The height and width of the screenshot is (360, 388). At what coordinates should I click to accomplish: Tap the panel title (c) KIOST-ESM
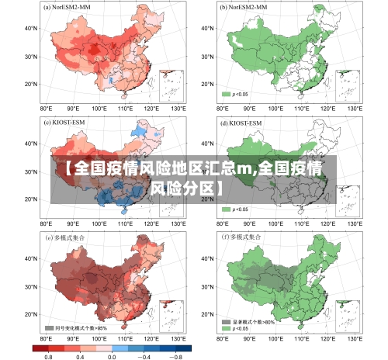[67, 123]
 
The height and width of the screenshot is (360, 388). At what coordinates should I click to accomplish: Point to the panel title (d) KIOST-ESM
[243, 123]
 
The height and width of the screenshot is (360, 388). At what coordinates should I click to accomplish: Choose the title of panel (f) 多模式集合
[244, 237]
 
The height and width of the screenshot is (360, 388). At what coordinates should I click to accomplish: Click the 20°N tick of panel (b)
[206, 84]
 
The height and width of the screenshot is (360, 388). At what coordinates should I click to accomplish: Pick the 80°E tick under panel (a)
[46, 109]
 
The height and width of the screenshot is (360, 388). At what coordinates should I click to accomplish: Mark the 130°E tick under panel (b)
[355, 109]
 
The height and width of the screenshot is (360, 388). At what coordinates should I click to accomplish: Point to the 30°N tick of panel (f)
[206, 286]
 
